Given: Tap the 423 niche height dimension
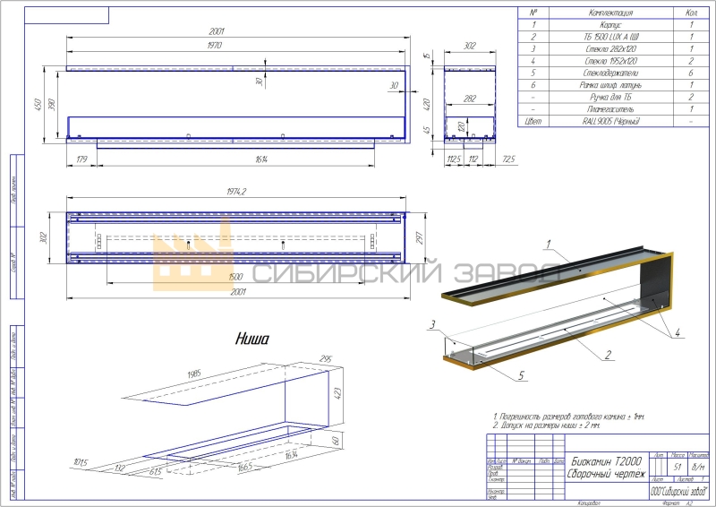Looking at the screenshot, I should pos(339,391).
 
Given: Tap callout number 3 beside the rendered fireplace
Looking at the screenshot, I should pos(431,323).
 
